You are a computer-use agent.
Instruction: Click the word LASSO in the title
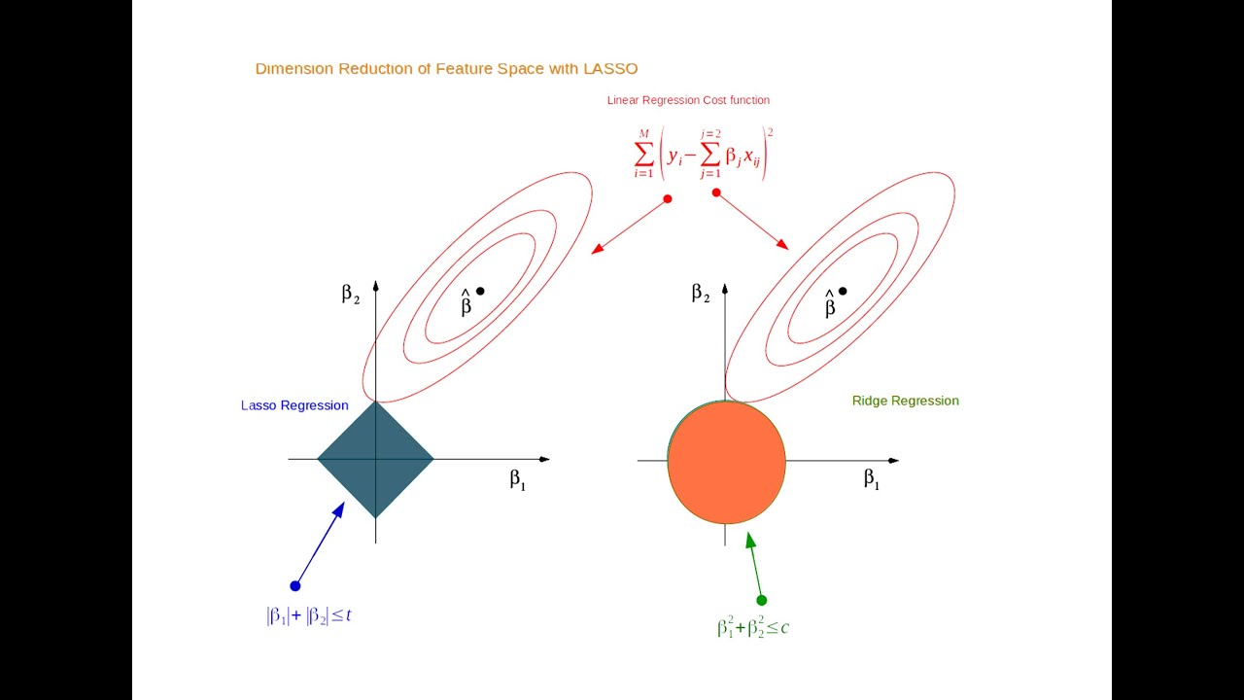(609, 69)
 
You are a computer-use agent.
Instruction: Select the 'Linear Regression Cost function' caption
(688, 100)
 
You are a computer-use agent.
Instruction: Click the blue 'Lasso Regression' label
(294, 405)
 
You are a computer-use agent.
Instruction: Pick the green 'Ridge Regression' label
(905, 401)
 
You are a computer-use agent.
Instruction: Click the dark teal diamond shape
(375, 459)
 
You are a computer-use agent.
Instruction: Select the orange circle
(726, 462)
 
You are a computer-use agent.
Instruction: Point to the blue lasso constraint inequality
(308, 615)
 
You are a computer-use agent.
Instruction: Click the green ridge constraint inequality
(752, 628)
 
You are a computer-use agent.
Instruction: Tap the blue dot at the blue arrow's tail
(295, 585)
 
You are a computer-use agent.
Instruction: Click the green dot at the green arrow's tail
(761, 600)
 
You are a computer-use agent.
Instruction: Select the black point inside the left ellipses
(480, 291)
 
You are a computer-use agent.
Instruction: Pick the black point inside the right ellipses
(843, 291)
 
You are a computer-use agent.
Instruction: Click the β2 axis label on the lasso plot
(350, 294)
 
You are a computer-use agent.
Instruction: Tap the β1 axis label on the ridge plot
(871, 478)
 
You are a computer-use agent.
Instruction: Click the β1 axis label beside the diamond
(517, 479)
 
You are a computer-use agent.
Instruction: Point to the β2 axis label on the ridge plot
(701, 293)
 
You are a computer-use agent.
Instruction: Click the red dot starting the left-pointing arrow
(668, 198)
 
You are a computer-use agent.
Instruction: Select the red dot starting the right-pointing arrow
(716, 192)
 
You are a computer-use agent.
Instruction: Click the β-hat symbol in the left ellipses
(466, 304)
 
